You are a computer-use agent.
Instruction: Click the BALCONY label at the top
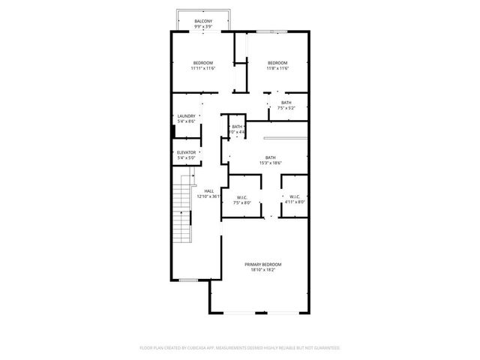coord(202,20)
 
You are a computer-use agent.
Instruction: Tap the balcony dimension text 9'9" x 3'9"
coord(202,26)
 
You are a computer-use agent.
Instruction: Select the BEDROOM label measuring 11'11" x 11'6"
coord(202,62)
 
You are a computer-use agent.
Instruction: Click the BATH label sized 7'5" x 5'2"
coord(286,103)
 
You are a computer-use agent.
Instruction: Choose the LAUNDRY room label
coord(186,115)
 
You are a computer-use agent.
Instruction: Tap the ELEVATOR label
coord(186,152)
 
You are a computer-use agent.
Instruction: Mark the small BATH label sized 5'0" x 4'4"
coord(237,127)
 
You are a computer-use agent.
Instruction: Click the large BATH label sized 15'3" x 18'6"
coord(269,157)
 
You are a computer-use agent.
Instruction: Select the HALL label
coord(209,190)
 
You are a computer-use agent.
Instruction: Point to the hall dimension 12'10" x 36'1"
coord(209,196)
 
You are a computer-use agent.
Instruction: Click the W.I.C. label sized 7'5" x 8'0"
coord(241,197)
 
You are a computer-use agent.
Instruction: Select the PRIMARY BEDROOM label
coord(262,264)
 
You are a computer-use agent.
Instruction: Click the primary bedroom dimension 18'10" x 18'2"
coord(262,270)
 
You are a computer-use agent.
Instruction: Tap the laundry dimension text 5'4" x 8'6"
coord(186,121)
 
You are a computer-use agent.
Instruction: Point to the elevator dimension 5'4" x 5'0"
coord(186,158)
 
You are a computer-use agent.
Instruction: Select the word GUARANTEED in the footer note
coord(325,348)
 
